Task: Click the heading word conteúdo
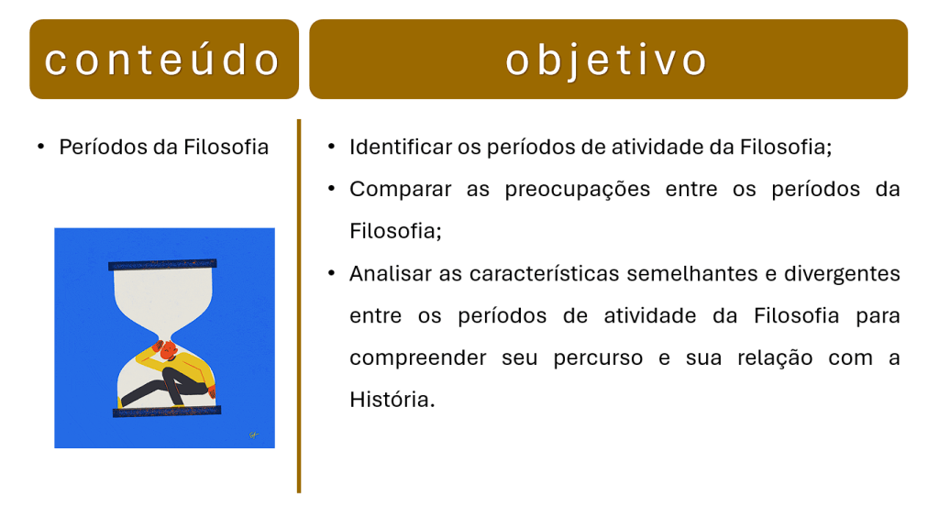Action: (162, 60)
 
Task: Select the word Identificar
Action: (401, 147)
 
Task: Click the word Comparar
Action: (401, 190)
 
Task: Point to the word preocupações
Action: (578, 190)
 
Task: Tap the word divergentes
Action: (842, 274)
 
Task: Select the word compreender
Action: (418, 358)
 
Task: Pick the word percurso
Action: (598, 358)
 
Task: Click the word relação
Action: (775, 358)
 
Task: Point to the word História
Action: (392, 400)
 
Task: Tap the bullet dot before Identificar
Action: (331, 146)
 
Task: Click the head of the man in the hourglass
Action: (168, 349)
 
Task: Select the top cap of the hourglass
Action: (162, 264)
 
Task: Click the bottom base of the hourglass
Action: (167, 412)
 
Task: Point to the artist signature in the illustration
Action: (253, 434)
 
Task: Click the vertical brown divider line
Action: (299, 306)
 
